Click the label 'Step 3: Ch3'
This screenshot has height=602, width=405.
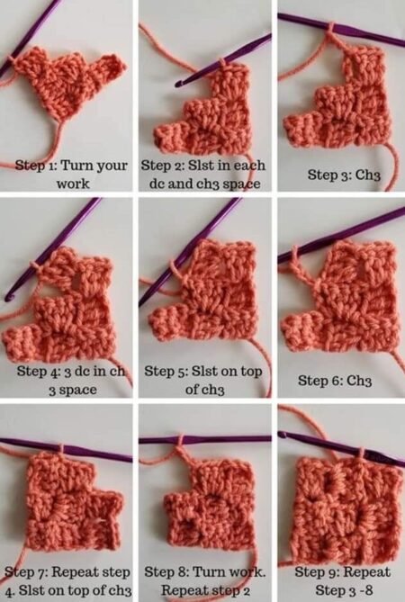344,175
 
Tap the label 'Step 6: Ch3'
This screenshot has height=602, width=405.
335,381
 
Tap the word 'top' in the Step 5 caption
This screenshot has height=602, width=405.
251,372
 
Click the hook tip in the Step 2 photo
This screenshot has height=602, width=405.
177,84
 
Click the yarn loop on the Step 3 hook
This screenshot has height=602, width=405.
330,28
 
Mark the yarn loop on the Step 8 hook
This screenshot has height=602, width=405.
180,440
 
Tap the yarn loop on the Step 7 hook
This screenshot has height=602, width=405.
60,448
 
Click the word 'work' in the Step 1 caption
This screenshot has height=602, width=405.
73,184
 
